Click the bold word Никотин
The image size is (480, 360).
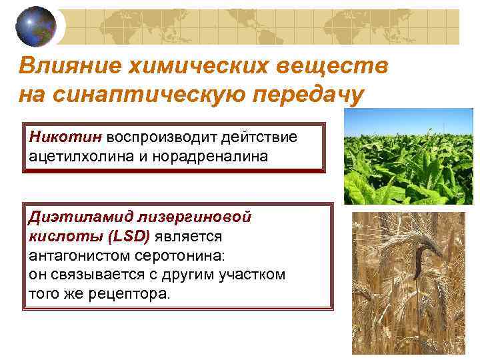65,137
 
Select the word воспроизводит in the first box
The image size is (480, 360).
157,137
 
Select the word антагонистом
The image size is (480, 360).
77,255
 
